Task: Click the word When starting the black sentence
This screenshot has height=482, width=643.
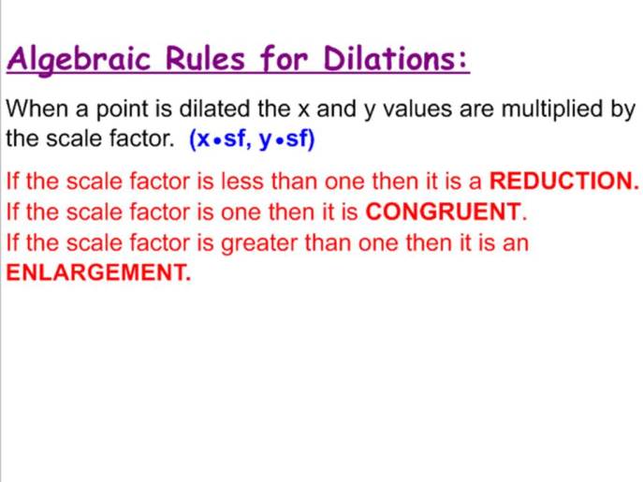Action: (x=32, y=110)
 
